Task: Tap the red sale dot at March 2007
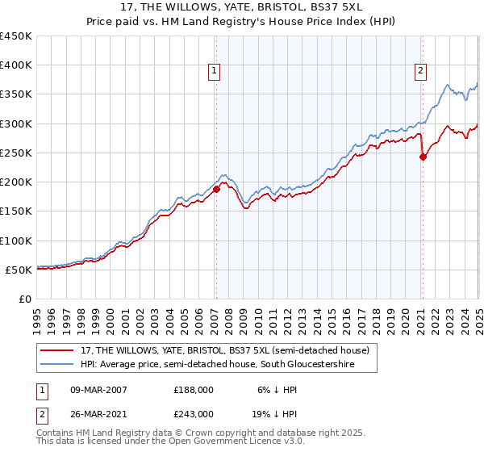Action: pos(216,189)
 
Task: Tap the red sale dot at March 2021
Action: pos(423,157)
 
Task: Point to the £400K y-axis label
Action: pos(16,65)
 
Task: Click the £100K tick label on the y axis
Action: pos(16,241)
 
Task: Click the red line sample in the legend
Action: pos(56,350)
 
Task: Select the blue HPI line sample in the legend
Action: pos(56,365)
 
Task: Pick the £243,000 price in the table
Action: pos(194,413)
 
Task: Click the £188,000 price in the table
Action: pos(194,388)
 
